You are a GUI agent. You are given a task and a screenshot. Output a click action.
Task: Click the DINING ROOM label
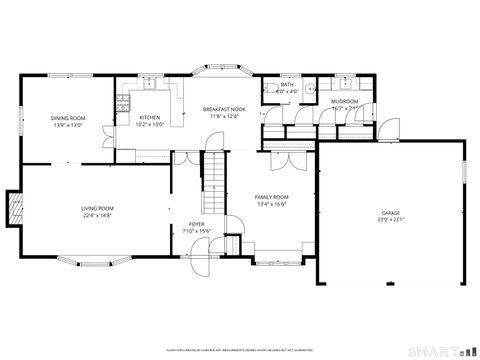point(68,118)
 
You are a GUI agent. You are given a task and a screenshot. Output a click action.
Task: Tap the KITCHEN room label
point(149,117)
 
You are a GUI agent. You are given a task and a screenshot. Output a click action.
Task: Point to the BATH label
point(287,85)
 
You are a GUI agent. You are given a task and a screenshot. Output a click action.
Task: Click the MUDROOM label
point(345,101)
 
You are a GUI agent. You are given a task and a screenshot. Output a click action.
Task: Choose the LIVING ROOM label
point(97,208)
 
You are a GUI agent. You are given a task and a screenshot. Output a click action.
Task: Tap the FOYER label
point(197,224)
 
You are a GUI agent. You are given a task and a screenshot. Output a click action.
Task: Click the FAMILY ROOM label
point(271,198)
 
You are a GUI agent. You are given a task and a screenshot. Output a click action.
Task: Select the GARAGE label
point(390,214)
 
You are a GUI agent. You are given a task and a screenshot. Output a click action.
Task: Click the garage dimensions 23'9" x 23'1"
point(390,221)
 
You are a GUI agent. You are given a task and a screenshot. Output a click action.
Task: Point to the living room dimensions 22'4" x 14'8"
point(97,215)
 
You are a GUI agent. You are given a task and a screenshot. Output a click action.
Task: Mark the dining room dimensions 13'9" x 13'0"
point(68,125)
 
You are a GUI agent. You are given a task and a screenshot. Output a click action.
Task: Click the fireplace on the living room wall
point(13,207)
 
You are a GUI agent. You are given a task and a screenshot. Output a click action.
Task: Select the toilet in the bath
point(272,90)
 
